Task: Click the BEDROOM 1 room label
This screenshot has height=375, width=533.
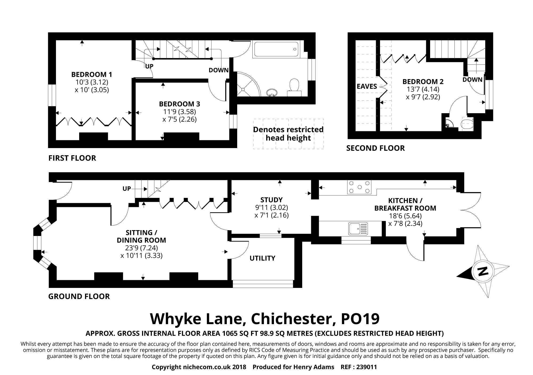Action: click(x=92, y=74)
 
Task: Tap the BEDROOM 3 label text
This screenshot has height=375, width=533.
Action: click(x=179, y=104)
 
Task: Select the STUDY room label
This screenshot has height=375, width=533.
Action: click(x=271, y=200)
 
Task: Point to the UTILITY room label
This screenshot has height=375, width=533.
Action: click(x=262, y=258)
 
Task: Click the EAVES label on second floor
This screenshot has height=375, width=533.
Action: click(x=367, y=86)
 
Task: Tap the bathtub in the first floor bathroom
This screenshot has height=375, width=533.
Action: click(x=277, y=49)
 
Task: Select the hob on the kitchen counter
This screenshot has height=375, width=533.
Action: click(x=360, y=187)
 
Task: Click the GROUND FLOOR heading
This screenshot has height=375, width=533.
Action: click(x=79, y=296)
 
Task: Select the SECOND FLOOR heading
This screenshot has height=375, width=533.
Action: click(x=375, y=148)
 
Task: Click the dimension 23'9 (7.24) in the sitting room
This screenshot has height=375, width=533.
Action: click(x=141, y=248)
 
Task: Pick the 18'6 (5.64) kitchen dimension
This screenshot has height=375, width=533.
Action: click(x=405, y=216)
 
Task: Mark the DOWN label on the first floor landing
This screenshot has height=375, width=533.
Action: click(x=219, y=70)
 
